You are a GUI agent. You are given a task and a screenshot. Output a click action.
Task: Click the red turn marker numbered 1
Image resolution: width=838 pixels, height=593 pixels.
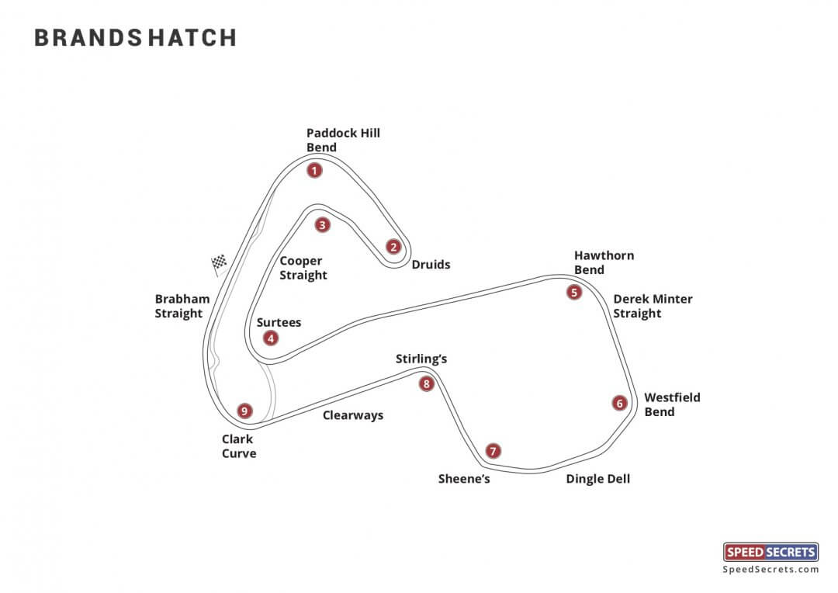click(x=314, y=170)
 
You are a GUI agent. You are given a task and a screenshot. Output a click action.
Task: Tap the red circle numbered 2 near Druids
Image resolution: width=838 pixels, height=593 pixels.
click(x=393, y=247)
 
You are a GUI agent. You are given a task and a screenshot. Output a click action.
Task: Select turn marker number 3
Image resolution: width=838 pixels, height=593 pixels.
click(x=323, y=225)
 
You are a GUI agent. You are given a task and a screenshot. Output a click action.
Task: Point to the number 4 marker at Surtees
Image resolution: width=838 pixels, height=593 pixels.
click(x=270, y=338)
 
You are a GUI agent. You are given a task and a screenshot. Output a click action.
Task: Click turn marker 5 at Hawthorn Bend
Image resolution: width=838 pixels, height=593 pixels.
click(x=573, y=293)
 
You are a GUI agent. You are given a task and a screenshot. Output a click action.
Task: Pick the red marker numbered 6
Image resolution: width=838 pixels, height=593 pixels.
click(x=619, y=403)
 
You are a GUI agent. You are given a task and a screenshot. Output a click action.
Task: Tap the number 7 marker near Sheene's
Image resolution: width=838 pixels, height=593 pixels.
click(x=493, y=451)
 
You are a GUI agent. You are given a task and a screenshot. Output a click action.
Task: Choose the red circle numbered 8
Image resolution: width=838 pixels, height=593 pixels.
click(x=426, y=383)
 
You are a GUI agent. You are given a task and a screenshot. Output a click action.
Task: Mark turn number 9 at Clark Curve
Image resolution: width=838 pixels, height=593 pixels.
click(x=245, y=411)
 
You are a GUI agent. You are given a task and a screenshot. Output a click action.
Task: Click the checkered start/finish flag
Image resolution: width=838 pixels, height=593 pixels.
click(x=220, y=264)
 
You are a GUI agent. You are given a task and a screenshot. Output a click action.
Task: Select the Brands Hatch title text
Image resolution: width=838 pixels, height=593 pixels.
click(x=135, y=38)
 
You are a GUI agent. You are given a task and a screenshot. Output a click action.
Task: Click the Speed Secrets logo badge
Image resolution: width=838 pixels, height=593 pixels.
click(x=770, y=552)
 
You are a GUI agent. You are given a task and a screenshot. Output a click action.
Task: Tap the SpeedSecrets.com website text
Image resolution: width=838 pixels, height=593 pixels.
click(x=770, y=570)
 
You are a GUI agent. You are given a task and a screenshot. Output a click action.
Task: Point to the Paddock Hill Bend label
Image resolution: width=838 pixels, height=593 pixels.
click(x=343, y=140)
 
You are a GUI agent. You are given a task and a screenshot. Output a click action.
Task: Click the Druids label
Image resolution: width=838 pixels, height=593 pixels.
click(x=431, y=265)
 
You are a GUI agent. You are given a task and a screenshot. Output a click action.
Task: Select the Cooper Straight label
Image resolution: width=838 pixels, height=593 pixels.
click(x=303, y=269)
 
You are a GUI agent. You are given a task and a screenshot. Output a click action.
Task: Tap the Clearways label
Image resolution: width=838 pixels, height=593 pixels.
click(x=353, y=415)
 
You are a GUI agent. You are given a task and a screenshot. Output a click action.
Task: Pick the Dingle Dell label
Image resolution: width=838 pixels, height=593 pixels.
click(x=597, y=479)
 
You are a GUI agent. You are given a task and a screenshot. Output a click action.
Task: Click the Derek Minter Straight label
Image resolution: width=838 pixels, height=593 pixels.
click(x=653, y=306)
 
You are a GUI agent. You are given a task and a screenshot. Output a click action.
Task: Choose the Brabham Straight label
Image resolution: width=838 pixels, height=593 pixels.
click(x=182, y=306)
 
